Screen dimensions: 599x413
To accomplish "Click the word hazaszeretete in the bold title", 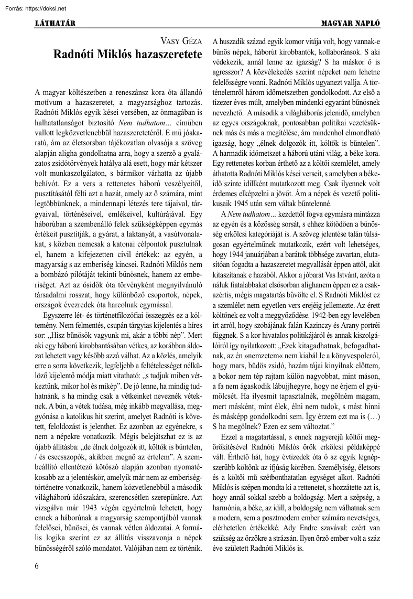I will tap(162, 54).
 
